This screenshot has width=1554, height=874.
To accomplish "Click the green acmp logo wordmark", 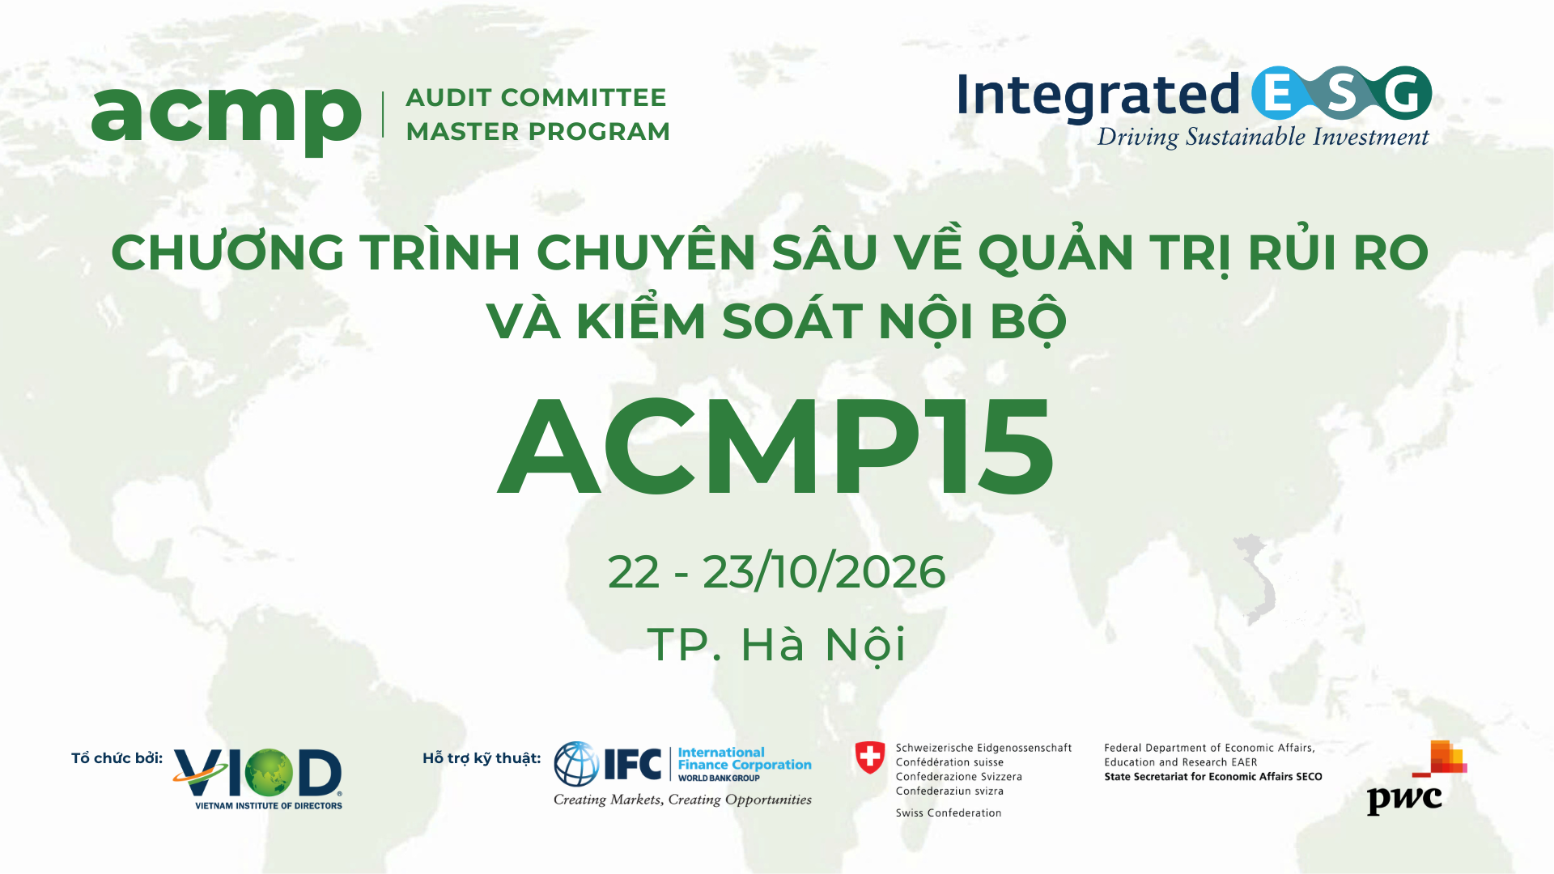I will point(226,117).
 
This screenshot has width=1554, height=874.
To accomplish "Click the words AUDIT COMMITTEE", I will point(536,98).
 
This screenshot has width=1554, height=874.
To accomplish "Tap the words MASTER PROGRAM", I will point(537,132).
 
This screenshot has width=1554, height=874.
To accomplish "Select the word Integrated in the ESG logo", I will point(1098,95).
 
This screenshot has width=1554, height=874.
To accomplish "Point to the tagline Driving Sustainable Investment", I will point(1263,138).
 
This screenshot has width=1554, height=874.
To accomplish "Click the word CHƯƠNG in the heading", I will point(227,252).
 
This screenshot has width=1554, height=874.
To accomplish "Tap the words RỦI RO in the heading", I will point(1338,252).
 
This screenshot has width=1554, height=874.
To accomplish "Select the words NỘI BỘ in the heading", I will point(972,321).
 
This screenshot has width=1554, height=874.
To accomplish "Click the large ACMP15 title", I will point(776,446).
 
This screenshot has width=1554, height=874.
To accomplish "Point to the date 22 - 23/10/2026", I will point(776,572).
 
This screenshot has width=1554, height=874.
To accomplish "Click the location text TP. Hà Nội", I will point(776,645).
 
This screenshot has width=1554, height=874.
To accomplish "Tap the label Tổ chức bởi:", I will point(117,758).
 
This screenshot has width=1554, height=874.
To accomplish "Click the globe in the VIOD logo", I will point(269,773).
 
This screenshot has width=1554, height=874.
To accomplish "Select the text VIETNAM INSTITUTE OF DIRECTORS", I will point(269,806).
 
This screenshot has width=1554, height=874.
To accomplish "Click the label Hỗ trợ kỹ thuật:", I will point(482,758).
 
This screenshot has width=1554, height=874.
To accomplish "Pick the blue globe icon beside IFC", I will point(576,764).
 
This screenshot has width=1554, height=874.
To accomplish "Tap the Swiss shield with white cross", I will point(870,758).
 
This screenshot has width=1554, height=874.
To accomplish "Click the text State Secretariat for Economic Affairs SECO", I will point(1212,777).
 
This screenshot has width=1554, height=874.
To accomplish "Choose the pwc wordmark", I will point(1404,800).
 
